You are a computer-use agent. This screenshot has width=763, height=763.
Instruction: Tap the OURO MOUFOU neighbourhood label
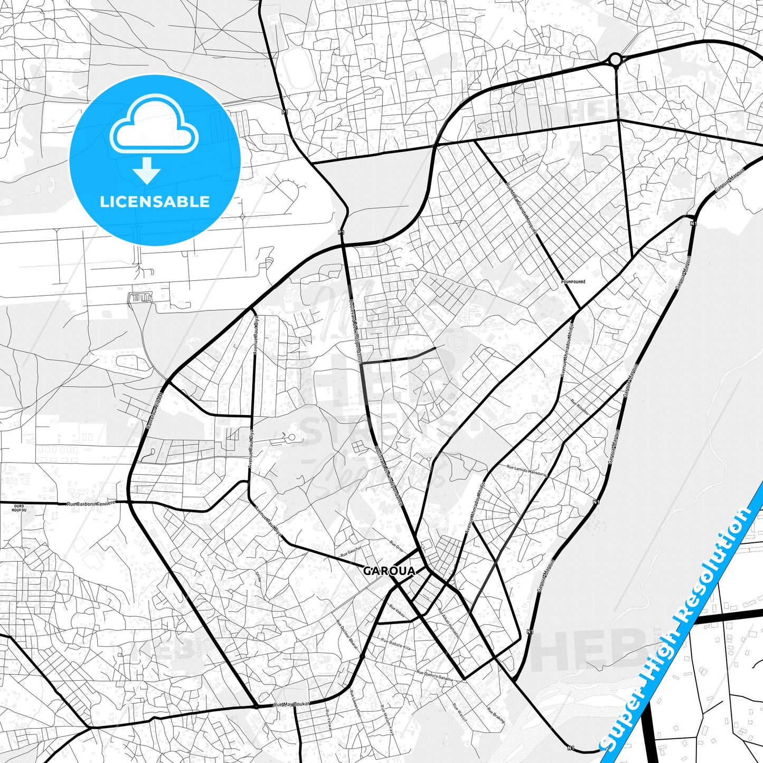pyautogui.click(x=18, y=508)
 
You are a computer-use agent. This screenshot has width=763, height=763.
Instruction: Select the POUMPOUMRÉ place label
pyautogui.click(x=573, y=282)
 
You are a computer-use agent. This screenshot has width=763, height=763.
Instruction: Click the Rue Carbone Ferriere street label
pyautogui.click(x=91, y=504)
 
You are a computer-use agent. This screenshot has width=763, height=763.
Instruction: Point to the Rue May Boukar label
pyautogui.click(x=291, y=704)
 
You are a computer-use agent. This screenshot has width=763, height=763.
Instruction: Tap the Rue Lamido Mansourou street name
pyautogui.click(x=526, y=470)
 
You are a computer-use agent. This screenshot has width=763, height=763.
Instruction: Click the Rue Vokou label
pyautogui.click(x=397, y=611)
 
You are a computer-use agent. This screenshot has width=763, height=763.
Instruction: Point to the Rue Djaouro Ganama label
pyautogui.click(x=435, y=676)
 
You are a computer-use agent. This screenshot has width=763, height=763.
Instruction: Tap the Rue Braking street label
pyautogui.click(x=496, y=714)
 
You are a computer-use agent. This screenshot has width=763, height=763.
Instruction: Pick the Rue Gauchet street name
pyautogui.click(x=351, y=552)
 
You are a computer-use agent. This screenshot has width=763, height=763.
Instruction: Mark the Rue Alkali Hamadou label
pyautogui.click(x=449, y=623)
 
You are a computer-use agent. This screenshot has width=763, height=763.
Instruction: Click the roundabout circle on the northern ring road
pyautogui.click(x=615, y=60)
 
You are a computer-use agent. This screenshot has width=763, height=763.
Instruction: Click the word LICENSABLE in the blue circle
pyautogui.click(x=155, y=201)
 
